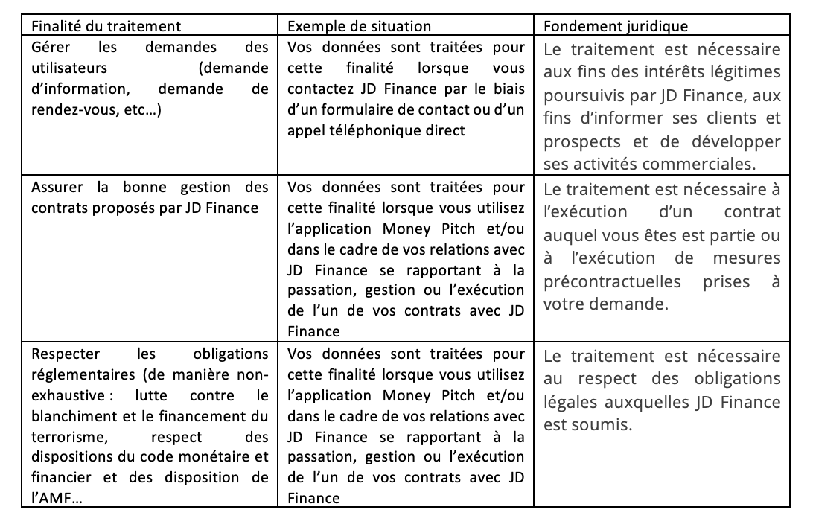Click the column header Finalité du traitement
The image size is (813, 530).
pyautogui.click(x=106, y=25)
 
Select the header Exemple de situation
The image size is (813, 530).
pyautogui.click(x=359, y=25)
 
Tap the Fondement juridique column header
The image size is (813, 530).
pyautogui.click(x=616, y=25)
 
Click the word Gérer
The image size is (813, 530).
pyautogui.click(x=50, y=47)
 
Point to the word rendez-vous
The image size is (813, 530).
pyautogui.click(x=67, y=109)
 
